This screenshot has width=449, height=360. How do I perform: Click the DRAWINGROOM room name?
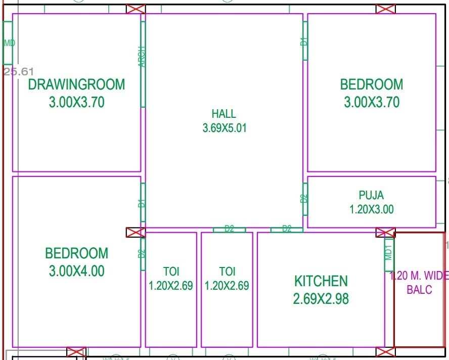click(x=76, y=84)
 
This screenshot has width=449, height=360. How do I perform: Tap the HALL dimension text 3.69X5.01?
click(x=224, y=128)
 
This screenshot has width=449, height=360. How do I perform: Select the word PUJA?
click(x=371, y=195)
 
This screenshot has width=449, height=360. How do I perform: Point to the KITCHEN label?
click(x=321, y=281)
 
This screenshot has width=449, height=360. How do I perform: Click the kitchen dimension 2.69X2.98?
click(x=321, y=299)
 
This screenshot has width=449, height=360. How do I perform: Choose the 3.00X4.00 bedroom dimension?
click(x=76, y=271)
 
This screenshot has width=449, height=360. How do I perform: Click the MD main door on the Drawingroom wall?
click(x=8, y=43)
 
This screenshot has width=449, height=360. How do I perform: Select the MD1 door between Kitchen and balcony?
click(x=389, y=250)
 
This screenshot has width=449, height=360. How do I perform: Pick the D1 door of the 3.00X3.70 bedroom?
click(x=305, y=40)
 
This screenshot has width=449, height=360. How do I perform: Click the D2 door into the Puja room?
click(x=305, y=199)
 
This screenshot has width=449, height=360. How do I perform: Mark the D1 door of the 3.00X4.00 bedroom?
click(x=143, y=203)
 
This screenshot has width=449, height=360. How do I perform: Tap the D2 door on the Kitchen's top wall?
click(x=287, y=230)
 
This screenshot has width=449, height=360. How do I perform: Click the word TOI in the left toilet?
click(x=171, y=272)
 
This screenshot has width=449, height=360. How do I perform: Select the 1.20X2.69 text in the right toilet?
click(x=227, y=286)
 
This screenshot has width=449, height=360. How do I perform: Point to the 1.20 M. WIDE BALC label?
click(x=419, y=283)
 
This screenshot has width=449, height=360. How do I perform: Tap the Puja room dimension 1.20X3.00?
click(x=371, y=209)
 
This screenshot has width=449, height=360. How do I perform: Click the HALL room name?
click(x=224, y=114)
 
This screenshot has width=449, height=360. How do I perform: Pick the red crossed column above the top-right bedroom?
click(x=385, y=9)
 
